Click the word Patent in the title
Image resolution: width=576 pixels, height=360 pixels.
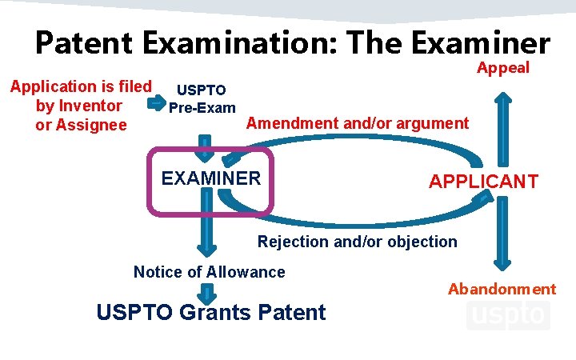tap(83, 43)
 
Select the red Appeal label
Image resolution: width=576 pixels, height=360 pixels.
tap(503, 68)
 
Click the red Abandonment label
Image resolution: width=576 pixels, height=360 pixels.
tap(502, 289)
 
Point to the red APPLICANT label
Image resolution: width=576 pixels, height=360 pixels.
tap(483, 182)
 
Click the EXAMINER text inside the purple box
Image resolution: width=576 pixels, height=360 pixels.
tap(211, 178)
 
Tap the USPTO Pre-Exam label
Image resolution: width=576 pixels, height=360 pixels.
tap(202, 99)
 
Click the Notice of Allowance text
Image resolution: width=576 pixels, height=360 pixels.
tap(209, 272)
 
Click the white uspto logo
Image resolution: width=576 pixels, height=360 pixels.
tap(507, 314)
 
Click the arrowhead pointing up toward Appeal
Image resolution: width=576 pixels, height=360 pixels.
tap(502, 102)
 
